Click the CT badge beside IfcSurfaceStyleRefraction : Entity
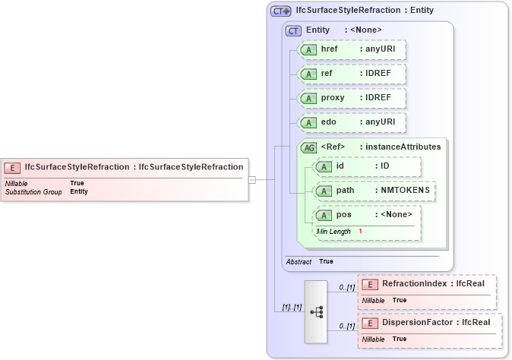point(281,11)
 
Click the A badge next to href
point(309,49)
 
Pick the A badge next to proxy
point(309,98)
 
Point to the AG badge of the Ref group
point(309,147)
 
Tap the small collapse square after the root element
point(252,180)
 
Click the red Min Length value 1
point(360,231)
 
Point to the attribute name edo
point(329,122)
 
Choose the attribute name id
point(340,166)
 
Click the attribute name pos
point(343,215)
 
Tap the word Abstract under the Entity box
point(299,261)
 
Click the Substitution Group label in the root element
point(33,192)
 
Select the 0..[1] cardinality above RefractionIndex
point(347,286)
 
